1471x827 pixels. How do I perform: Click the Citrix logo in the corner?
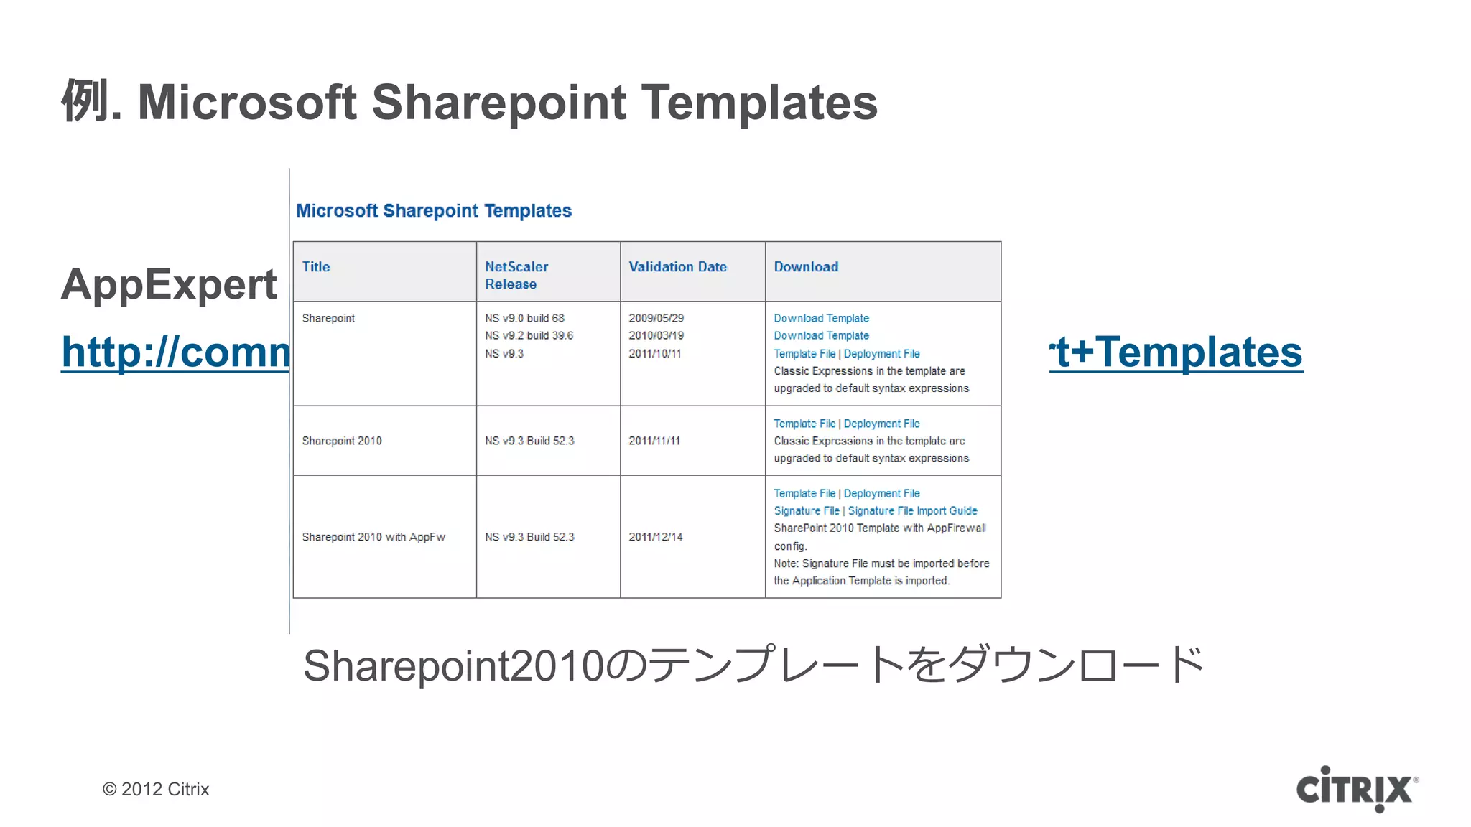point(1356,788)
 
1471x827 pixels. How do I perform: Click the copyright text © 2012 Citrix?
point(156,789)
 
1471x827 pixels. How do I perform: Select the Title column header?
point(316,267)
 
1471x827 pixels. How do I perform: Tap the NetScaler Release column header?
point(516,275)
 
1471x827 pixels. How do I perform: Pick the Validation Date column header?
point(677,267)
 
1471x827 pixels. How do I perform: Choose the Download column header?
point(806,267)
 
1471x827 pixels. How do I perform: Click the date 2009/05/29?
point(656,318)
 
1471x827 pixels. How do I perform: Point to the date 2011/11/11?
point(654,441)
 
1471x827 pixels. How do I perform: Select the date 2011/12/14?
point(655,537)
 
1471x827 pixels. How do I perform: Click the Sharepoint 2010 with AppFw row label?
point(373,537)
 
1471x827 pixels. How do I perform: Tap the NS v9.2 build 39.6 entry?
point(529,335)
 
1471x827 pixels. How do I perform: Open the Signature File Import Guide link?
point(912,510)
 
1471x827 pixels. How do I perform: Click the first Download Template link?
point(821,318)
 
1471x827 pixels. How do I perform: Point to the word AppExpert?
point(169,284)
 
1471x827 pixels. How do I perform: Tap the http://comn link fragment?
point(175,352)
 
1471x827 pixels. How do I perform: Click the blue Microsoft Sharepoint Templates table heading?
point(434,210)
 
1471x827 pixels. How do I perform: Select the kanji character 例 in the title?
point(85,101)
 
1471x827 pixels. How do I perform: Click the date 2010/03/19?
point(656,335)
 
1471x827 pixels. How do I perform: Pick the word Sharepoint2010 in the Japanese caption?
point(453,665)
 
